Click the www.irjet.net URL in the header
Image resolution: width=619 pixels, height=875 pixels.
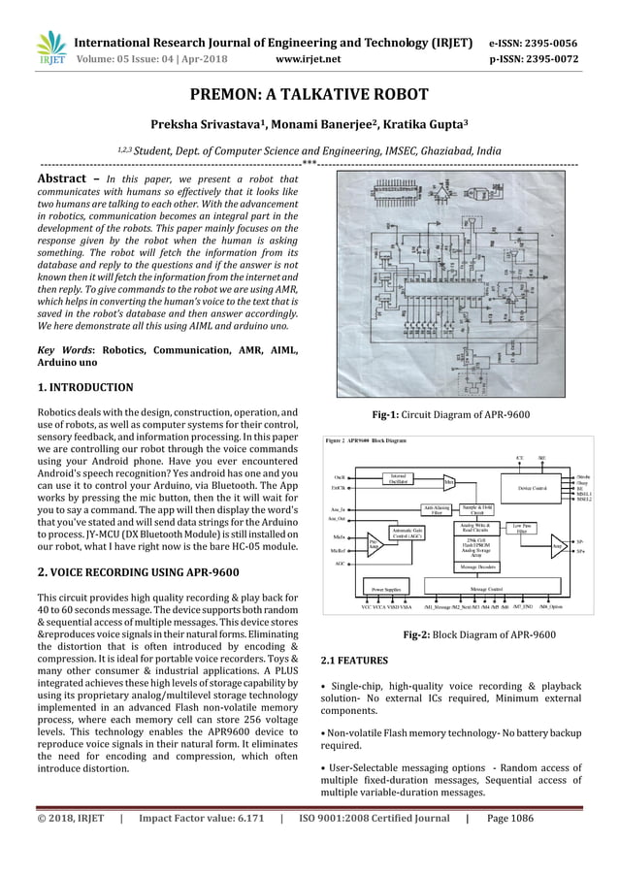coord(308,58)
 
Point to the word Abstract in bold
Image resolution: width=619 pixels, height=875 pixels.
coord(66,180)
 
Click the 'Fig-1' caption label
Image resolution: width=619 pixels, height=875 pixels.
coord(391,415)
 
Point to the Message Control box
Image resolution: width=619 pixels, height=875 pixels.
coord(486,588)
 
